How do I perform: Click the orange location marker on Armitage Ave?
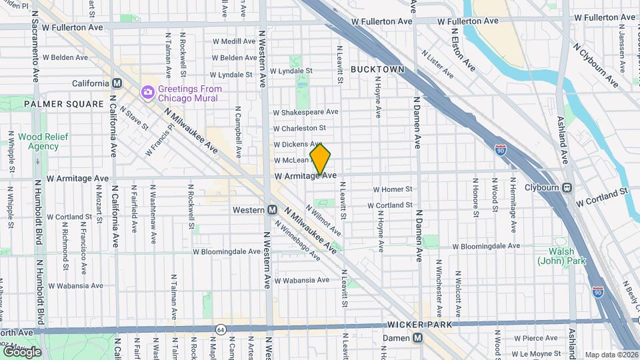coord(321,159)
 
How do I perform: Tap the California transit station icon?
coord(117,83)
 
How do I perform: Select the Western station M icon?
coord(272,210)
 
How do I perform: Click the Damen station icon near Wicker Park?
coord(417,338)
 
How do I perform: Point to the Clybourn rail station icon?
coord(567,187)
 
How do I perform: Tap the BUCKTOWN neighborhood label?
coord(377,69)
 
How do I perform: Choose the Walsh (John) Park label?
coord(562,256)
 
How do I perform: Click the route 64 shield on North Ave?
coord(220,329)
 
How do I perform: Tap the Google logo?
coord(22,352)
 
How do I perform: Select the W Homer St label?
coord(393,189)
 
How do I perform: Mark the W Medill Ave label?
coord(232,41)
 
